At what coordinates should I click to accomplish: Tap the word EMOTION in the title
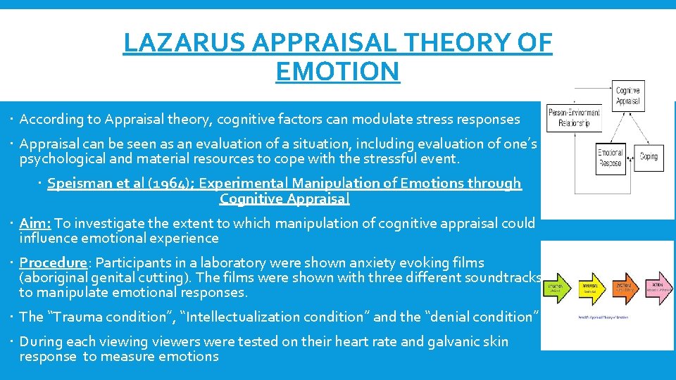(x=337, y=71)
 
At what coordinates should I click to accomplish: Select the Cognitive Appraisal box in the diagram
(x=627, y=95)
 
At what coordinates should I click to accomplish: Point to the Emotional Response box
(x=610, y=157)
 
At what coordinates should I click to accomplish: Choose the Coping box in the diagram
(x=649, y=156)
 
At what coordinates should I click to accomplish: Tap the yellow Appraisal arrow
(x=593, y=288)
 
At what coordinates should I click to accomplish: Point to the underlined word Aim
(x=34, y=224)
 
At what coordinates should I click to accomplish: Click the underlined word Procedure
(x=53, y=262)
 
